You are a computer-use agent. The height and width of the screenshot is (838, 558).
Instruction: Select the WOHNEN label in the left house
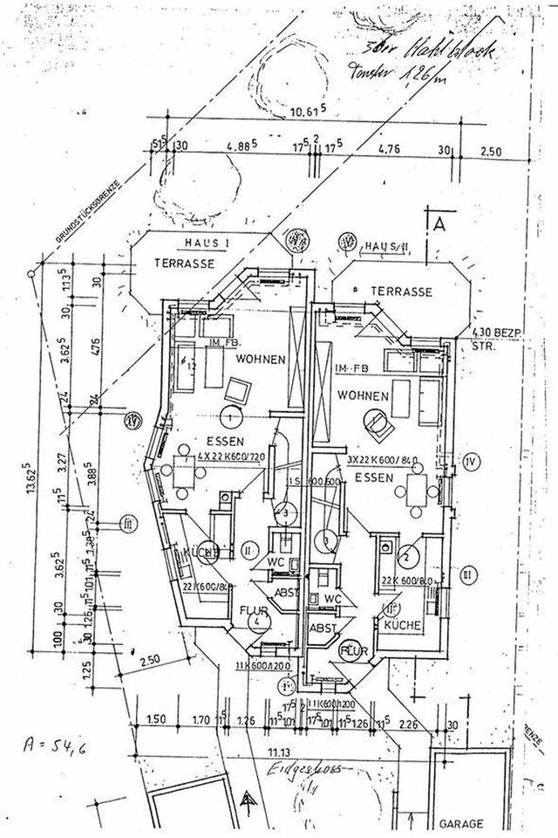[x=257, y=359]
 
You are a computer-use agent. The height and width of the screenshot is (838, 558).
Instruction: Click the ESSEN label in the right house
[x=371, y=477]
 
